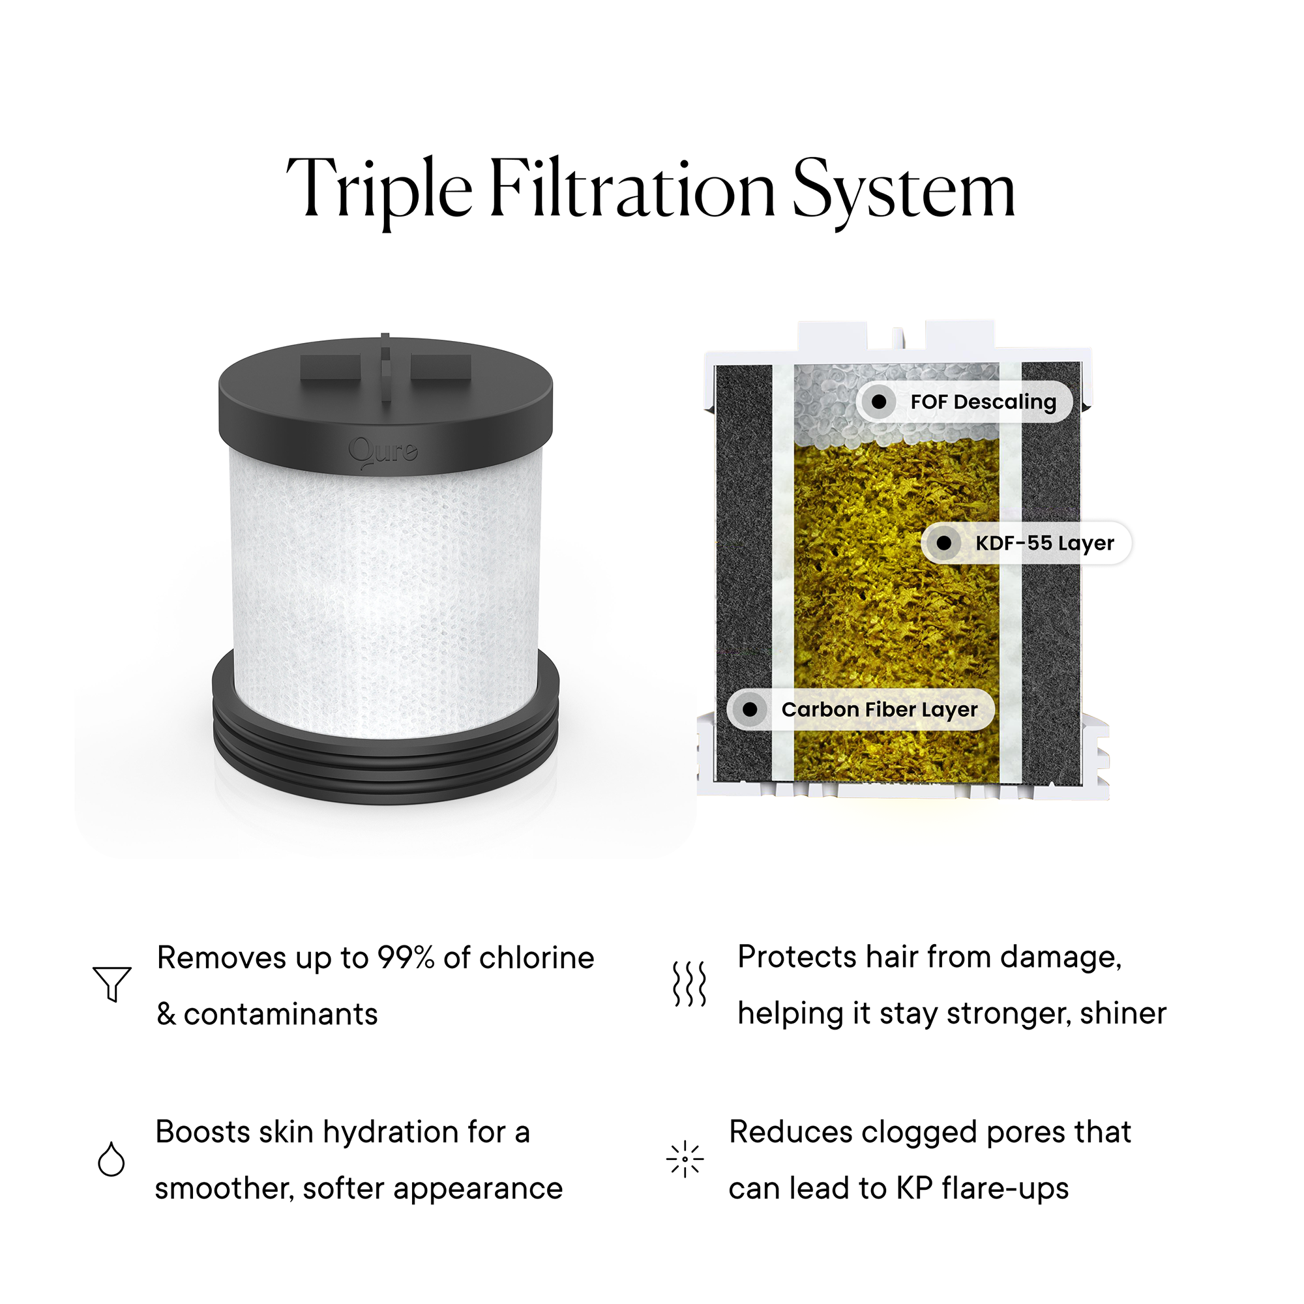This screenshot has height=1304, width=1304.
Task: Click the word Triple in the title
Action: click(x=380, y=191)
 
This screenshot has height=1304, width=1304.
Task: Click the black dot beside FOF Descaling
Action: click(x=879, y=402)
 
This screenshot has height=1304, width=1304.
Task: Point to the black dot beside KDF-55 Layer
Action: click(x=944, y=543)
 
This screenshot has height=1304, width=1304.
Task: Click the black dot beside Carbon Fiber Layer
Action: click(x=750, y=709)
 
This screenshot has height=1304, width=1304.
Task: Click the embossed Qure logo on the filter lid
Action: click(x=383, y=452)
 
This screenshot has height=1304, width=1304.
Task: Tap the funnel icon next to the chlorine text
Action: click(x=112, y=983)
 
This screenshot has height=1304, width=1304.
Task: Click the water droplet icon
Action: click(x=111, y=1159)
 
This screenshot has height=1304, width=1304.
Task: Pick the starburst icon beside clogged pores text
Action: click(x=685, y=1159)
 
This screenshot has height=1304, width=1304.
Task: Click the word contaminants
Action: click(x=280, y=1015)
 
